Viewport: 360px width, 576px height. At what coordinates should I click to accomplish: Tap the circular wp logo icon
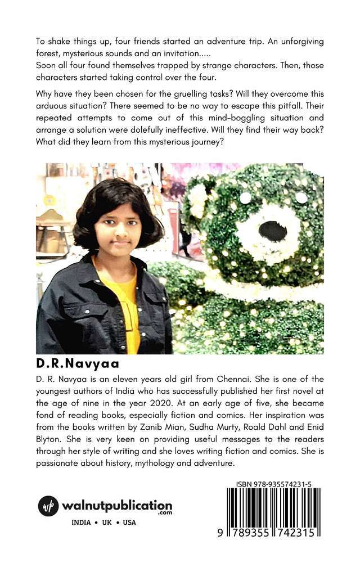point(48,506)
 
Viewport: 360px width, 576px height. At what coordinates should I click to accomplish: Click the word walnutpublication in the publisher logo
point(117,505)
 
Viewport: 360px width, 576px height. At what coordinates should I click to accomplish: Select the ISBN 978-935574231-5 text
point(274,483)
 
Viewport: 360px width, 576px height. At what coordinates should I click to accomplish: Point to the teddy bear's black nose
point(273,230)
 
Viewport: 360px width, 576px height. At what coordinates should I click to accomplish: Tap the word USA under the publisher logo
point(129,523)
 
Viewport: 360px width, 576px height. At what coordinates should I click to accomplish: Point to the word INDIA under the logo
point(82,523)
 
